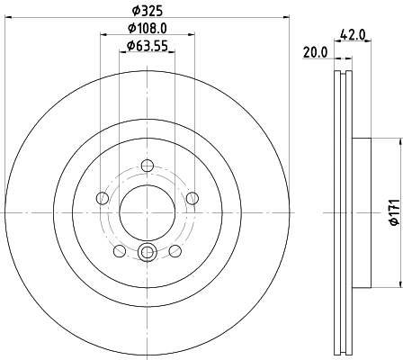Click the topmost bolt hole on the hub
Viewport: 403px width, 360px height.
148,165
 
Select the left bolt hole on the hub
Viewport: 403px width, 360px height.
103,198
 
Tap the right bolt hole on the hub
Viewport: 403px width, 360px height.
193,198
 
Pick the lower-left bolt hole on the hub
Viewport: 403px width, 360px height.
120,250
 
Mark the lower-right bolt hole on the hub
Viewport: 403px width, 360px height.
176,250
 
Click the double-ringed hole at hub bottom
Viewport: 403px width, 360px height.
148,253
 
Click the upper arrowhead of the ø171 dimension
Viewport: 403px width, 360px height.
396,142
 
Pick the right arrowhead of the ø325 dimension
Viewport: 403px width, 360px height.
287,16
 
